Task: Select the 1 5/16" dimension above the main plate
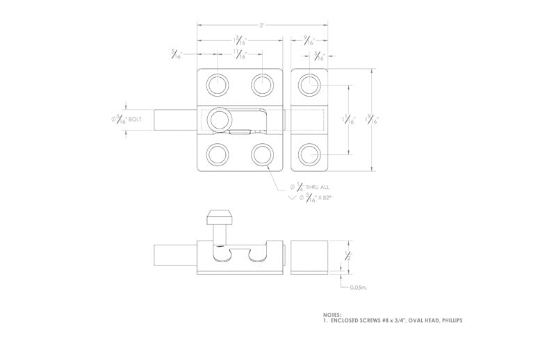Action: pyautogui.click(x=238, y=40)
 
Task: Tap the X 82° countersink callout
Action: pyautogui.click(x=325, y=198)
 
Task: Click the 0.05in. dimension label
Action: pyautogui.click(x=359, y=286)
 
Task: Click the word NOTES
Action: pyautogui.click(x=332, y=314)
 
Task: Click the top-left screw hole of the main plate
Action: pyautogui.click(x=218, y=85)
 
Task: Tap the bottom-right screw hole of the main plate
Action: pyautogui.click(x=262, y=154)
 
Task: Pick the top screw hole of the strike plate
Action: pyautogui.click(x=309, y=85)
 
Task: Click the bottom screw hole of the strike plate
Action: pyautogui.click(x=309, y=154)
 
